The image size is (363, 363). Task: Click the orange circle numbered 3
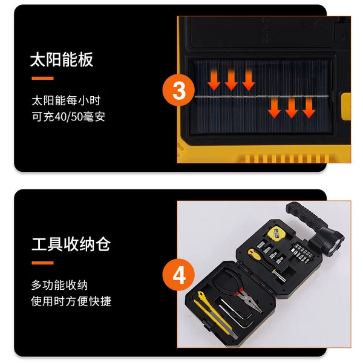178,90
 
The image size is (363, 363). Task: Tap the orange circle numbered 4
178,275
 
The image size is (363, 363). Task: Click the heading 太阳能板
62,60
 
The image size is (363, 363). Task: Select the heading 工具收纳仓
71,244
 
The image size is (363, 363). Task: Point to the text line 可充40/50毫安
68,116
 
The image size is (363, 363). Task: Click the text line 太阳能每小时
66,100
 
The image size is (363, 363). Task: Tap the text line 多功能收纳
59,285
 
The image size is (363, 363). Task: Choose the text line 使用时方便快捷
71,301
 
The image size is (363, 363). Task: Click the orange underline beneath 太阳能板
42,79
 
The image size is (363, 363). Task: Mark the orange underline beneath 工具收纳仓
42,263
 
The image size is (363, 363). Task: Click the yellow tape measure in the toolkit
276,234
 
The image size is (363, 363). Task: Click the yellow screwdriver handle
254,254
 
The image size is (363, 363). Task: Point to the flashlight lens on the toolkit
335,247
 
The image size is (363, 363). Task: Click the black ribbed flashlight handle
306,215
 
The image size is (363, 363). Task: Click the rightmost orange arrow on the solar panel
309,108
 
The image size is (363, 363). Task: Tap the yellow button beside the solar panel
346,106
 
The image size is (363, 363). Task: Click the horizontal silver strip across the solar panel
261,96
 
